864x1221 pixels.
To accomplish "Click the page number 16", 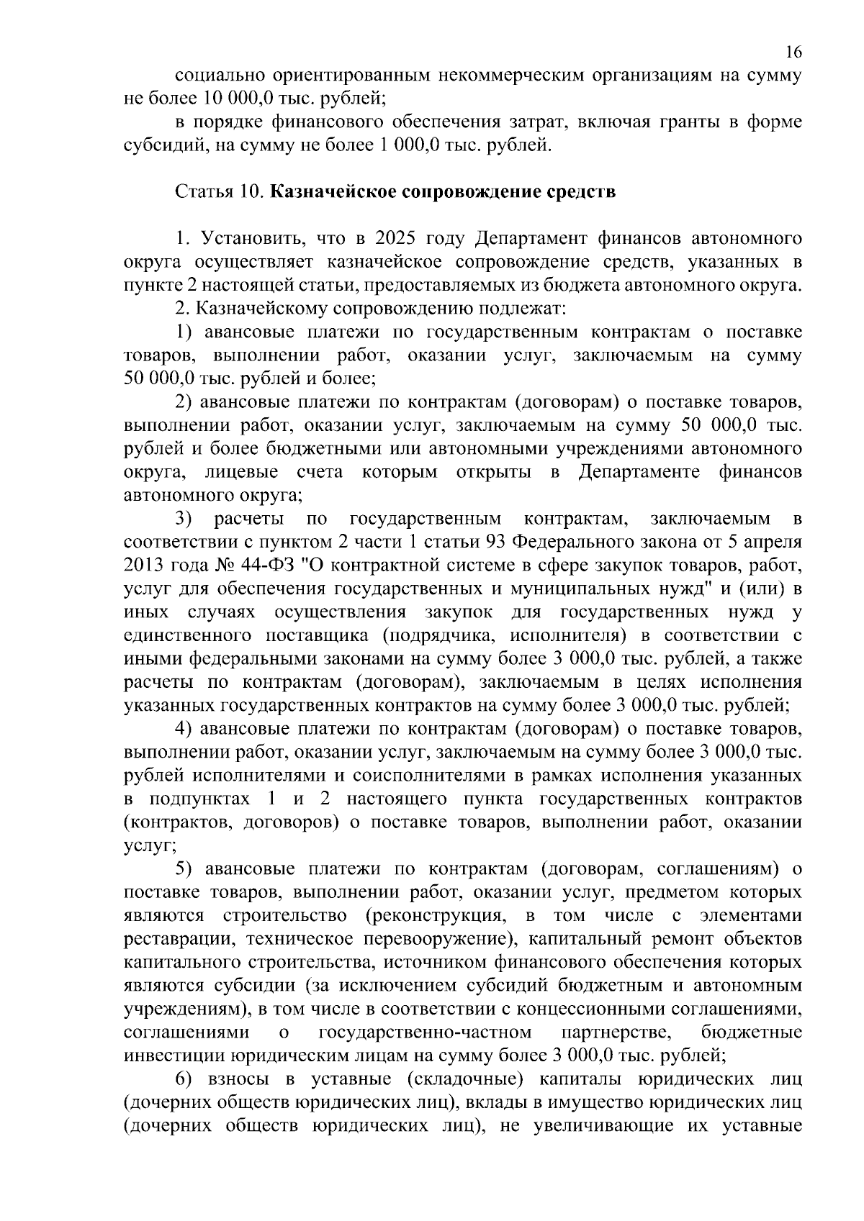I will click(x=793, y=52).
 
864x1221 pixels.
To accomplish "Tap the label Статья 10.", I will click(x=221, y=192).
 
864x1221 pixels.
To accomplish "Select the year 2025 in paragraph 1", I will click(x=396, y=238).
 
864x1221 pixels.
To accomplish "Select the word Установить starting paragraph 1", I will click(x=246, y=238).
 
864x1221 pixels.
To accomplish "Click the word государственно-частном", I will click(x=425, y=1032).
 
